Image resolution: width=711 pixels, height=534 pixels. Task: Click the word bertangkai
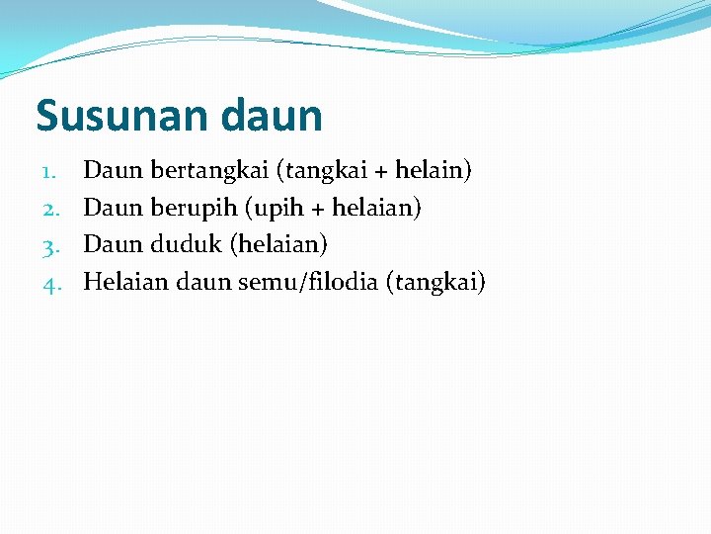[x=210, y=171]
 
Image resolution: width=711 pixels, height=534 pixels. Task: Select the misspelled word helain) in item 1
[x=434, y=170]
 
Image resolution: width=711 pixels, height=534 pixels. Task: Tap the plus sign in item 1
[x=380, y=172]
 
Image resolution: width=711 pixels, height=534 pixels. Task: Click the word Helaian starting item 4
[x=125, y=282]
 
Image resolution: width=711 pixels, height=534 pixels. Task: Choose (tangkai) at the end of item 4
[x=435, y=283]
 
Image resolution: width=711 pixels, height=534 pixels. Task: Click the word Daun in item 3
[x=114, y=245]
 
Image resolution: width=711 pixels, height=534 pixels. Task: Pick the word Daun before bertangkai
[x=114, y=171]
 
